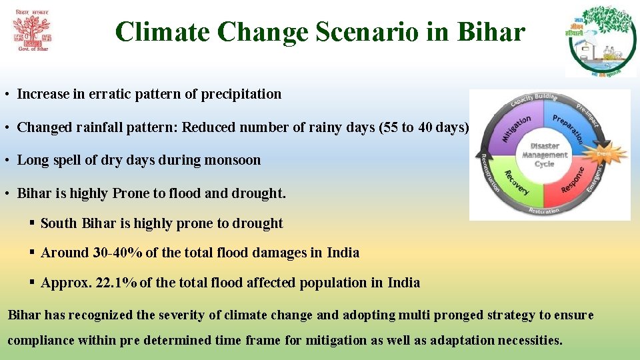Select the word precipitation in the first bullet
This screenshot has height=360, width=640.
[245, 94]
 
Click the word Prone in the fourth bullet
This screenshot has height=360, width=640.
[131, 193]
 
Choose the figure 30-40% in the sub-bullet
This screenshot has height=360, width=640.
[114, 253]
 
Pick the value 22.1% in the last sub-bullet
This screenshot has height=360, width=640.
[117, 283]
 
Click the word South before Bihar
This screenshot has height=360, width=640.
[59, 223]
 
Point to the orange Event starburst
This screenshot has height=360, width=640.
[603, 153]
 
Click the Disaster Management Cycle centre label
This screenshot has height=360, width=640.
[545, 155]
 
